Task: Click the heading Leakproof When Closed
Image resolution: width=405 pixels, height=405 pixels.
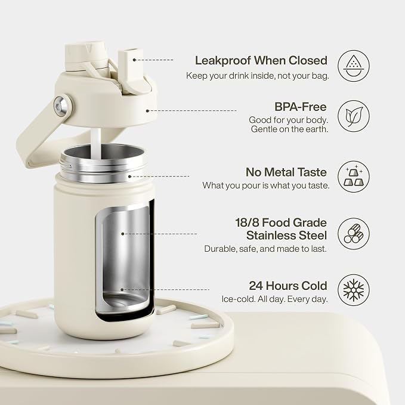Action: (261, 60)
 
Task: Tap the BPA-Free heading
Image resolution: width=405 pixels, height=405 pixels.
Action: (301, 107)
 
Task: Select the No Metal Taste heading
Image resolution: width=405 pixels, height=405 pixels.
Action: (286, 172)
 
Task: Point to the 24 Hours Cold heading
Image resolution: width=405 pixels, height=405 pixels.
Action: (288, 286)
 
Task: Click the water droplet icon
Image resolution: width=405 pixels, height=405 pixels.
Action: (354, 66)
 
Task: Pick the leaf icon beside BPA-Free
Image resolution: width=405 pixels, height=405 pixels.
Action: (354, 116)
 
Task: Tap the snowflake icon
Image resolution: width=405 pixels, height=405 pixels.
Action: (354, 290)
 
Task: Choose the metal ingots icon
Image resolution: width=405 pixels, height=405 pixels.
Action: (354, 177)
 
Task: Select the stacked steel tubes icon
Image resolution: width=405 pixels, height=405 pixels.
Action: (354, 234)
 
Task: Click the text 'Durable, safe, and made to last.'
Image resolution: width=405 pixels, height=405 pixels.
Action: (265, 249)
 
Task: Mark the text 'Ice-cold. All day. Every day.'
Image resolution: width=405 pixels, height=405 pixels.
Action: (274, 299)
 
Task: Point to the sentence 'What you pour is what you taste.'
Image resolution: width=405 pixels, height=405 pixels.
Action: (266, 186)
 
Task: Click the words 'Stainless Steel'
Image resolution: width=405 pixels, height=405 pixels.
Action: (286, 235)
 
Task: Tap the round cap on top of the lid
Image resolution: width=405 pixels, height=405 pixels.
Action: (86, 56)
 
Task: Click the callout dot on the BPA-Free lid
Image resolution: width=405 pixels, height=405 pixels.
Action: (147, 111)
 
